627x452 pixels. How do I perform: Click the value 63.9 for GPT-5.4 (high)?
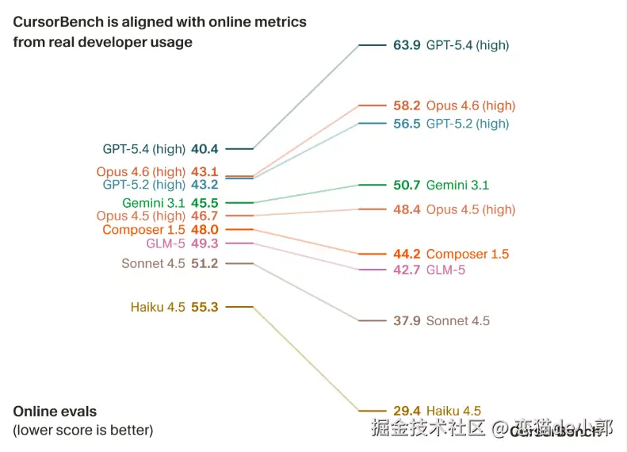(407, 45)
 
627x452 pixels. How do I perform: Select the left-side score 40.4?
(205, 148)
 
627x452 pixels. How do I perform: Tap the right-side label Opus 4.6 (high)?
(471, 105)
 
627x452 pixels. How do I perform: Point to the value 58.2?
(407, 105)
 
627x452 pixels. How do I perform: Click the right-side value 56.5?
(407, 124)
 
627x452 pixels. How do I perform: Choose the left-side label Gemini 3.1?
(154, 203)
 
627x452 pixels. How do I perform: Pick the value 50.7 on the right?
(407, 186)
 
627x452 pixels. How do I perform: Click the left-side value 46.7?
(205, 216)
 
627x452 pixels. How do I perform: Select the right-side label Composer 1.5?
(468, 255)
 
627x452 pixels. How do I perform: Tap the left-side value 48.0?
(205, 230)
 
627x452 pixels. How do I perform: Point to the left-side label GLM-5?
(166, 243)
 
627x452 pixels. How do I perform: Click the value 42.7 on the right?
(407, 270)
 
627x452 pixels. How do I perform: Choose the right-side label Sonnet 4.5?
(458, 321)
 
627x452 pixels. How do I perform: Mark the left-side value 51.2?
(205, 263)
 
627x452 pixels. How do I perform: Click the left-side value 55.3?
(205, 307)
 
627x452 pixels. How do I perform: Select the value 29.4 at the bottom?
(407, 411)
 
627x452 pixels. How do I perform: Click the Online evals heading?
(55, 412)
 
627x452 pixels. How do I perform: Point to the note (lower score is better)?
(83, 431)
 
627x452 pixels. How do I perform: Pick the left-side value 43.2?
(205, 185)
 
